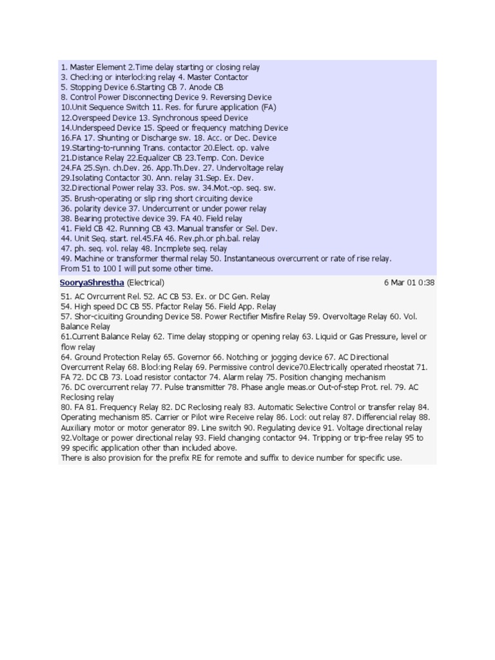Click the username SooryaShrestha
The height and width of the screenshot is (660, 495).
coord(92,282)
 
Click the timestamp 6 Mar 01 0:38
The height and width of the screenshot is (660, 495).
coord(409,282)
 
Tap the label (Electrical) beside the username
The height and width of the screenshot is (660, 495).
coord(146,282)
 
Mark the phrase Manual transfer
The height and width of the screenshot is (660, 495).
coord(206,229)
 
